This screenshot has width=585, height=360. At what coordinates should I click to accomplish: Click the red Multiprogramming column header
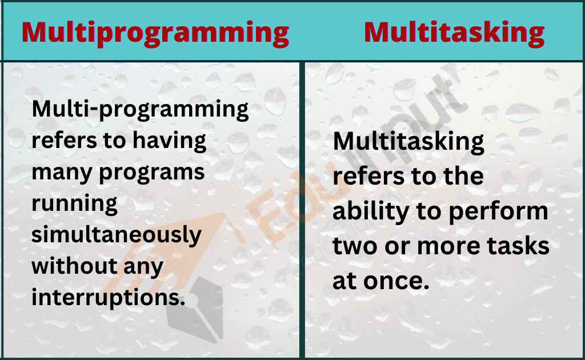[155, 33]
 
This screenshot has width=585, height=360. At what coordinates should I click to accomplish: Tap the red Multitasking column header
[454, 33]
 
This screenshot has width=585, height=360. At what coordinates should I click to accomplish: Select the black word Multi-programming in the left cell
[141, 109]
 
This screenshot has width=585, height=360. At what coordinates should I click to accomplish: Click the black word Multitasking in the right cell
[408, 141]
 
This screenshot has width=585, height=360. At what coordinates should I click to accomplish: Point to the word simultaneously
[116, 235]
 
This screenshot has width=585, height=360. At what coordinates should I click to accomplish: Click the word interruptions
[109, 298]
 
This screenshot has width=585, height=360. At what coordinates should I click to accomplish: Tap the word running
[74, 204]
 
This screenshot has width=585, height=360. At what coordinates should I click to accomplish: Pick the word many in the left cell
[57, 173]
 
